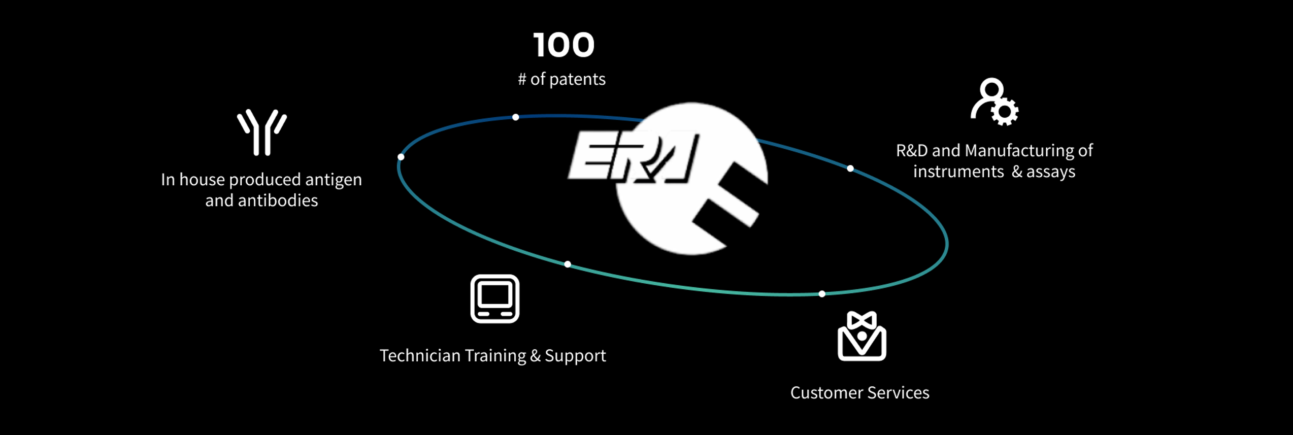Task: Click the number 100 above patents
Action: [x=563, y=45]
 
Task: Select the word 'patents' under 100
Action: [x=577, y=79]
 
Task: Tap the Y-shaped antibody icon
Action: [x=262, y=132]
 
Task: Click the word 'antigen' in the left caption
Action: [x=334, y=180]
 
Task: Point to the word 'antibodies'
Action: [x=278, y=200]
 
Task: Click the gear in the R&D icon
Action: [x=1005, y=112]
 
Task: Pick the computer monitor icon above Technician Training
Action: [x=495, y=299]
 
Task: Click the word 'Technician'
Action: [x=420, y=355]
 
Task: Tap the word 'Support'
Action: [x=575, y=356]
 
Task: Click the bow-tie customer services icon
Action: [x=862, y=336]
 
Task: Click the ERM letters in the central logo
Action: [x=634, y=157]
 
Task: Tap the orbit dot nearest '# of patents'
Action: [x=516, y=117]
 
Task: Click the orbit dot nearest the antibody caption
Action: [x=401, y=157]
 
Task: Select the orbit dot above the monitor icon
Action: [x=568, y=264]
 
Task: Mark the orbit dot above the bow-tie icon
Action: [x=822, y=294]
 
